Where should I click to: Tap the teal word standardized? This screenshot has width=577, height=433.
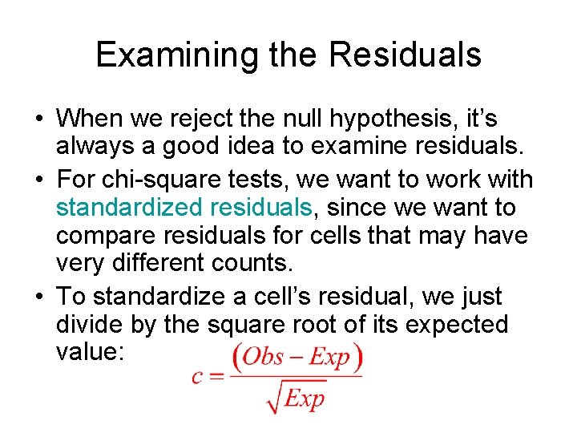click(128, 208)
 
